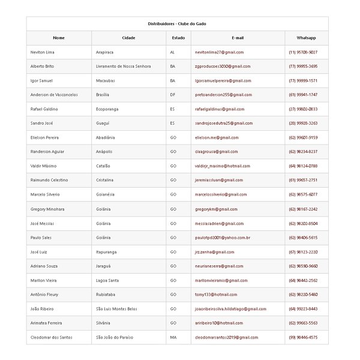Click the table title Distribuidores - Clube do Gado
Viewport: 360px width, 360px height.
point(177,23)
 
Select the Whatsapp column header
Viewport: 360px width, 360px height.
point(306,38)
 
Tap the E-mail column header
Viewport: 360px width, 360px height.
point(238,38)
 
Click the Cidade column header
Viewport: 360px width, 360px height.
point(128,38)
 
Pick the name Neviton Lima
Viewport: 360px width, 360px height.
point(42,52)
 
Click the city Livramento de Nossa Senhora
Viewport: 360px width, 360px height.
point(124,67)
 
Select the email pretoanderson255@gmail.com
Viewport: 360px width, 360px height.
point(223,95)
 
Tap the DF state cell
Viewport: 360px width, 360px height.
point(173,95)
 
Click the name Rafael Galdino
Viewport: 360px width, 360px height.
point(44,109)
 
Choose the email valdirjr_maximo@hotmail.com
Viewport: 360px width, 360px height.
point(223,166)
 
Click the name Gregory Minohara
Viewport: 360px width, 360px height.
point(47,209)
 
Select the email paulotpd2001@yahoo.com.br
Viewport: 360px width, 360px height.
point(223,238)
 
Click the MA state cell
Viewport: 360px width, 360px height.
point(173,337)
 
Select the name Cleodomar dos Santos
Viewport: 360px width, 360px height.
point(51,337)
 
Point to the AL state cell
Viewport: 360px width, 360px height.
point(173,52)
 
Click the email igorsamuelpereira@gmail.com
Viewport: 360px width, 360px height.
point(223,80)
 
